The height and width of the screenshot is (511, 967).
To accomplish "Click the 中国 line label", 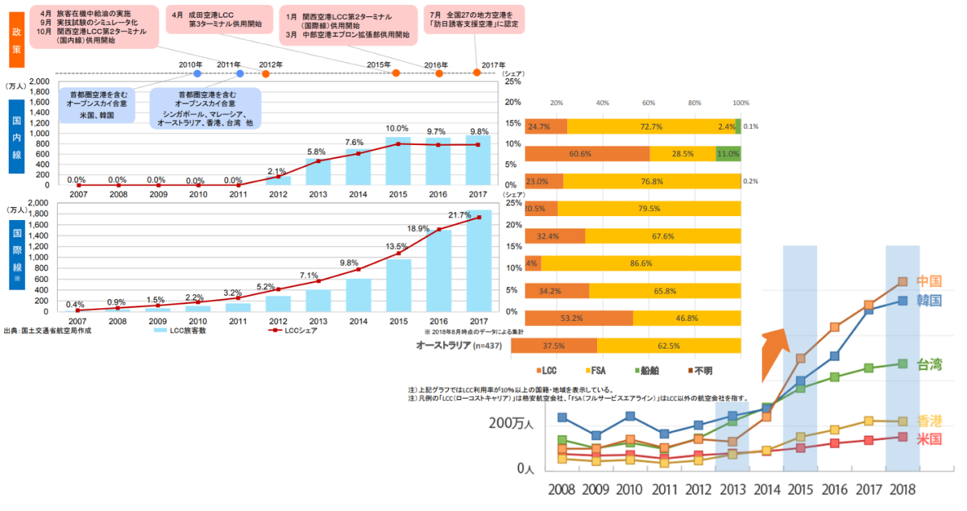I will (x=929, y=281).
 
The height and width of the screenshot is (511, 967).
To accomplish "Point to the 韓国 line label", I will (x=929, y=300).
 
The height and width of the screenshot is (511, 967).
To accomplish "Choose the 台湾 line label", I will (x=929, y=364).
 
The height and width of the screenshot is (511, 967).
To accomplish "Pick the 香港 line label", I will (x=929, y=421).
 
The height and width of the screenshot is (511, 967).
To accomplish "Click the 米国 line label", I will (x=929, y=439).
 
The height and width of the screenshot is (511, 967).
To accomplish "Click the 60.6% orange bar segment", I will (x=587, y=154).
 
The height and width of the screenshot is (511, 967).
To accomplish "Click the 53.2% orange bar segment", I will (x=571, y=318).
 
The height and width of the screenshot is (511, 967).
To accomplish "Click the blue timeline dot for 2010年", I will (x=197, y=73).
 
